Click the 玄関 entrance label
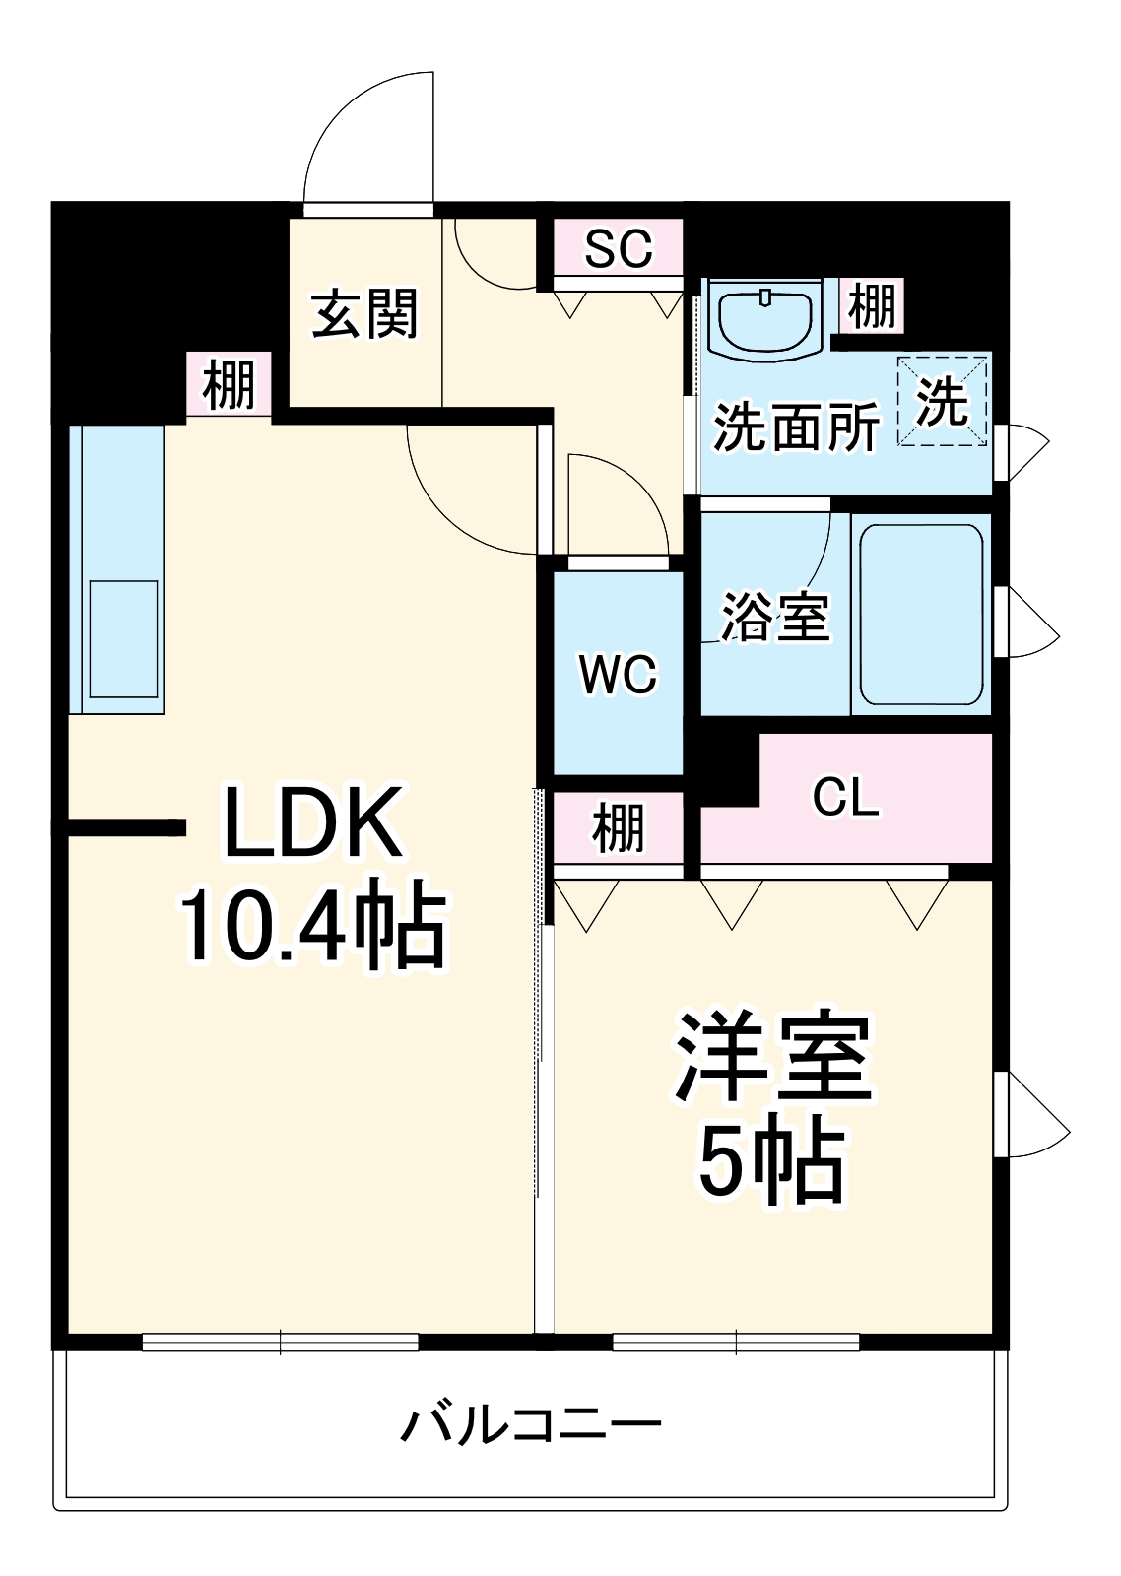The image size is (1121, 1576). click(x=364, y=314)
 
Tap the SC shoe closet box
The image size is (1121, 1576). click(x=618, y=248)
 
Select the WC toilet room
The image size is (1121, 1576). click(x=618, y=674)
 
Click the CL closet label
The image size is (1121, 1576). click(x=845, y=797)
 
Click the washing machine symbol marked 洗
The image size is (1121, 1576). click(x=942, y=402)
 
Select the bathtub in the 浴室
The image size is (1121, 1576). click(x=921, y=613)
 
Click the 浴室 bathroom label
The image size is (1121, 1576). click(x=775, y=617)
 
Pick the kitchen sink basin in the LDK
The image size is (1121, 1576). click(x=124, y=639)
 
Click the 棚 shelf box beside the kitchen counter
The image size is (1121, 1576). click(x=230, y=385)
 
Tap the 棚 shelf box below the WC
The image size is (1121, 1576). click(x=618, y=827)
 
